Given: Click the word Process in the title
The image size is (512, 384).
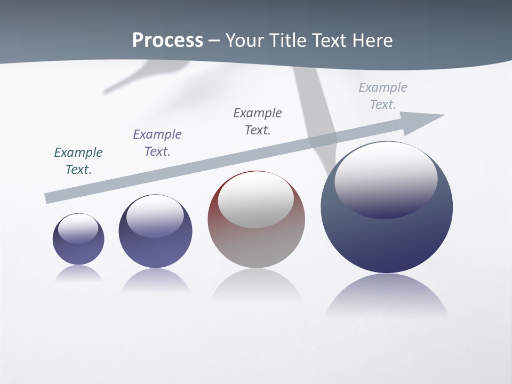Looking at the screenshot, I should click(167, 41).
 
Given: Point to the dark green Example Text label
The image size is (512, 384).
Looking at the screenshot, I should click(78, 161).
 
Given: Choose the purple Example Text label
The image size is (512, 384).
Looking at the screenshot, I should click(157, 143).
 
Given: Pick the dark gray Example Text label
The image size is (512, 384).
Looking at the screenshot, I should click(258, 122).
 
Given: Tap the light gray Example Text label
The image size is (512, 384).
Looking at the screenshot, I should click(383, 96).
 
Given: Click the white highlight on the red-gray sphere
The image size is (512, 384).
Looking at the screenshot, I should click(256, 200).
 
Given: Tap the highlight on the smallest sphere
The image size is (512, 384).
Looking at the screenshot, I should click(78, 228).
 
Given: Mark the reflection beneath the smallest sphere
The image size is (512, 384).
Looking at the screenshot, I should click(78, 274).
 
